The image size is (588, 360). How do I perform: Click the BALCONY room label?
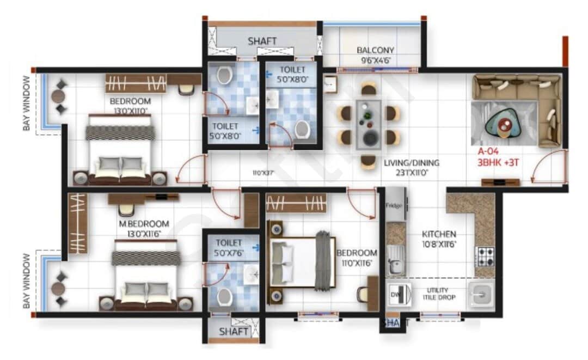click(x=375, y=50)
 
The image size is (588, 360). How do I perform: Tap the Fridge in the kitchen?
click(x=394, y=205)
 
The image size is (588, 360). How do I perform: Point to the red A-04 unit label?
click(x=489, y=151)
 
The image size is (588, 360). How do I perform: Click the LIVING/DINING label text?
click(x=411, y=162)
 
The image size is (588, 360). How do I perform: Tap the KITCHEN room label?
click(x=439, y=234)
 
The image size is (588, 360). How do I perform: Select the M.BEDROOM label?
click(x=144, y=223)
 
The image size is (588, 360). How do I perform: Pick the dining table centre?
click(x=369, y=124)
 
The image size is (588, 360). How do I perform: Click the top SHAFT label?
click(x=262, y=41)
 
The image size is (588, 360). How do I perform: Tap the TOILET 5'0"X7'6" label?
click(x=229, y=247)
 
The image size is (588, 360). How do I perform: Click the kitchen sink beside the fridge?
click(x=396, y=260)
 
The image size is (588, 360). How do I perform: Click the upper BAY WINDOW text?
click(x=26, y=103)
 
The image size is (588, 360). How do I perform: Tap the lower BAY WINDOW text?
click(x=26, y=280)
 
